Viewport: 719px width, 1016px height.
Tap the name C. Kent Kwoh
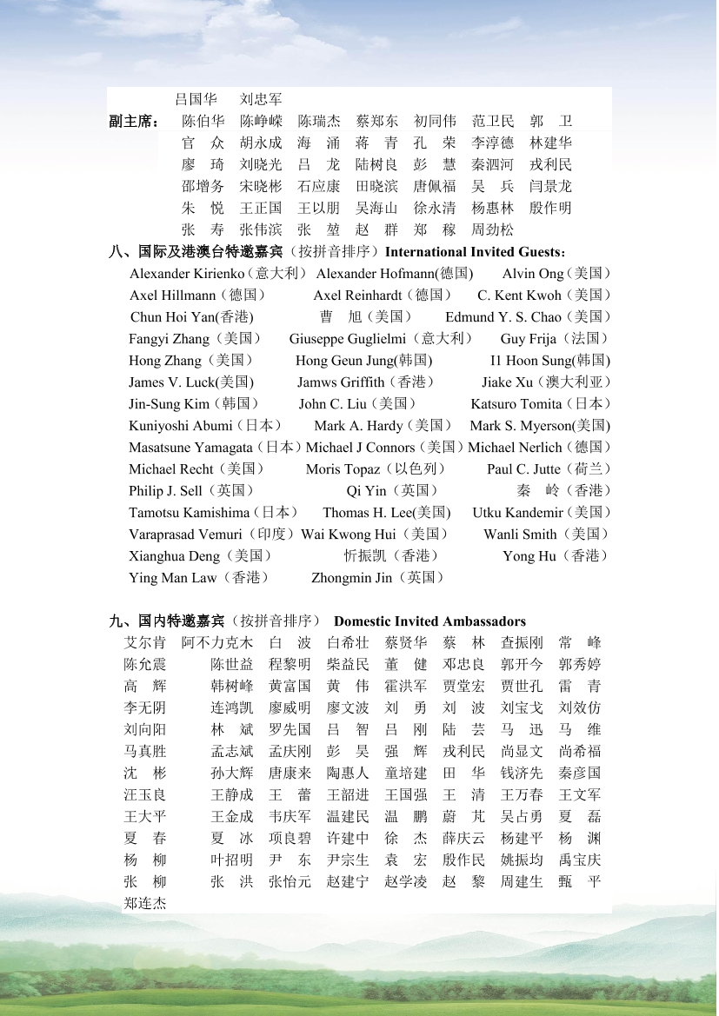(x=519, y=296)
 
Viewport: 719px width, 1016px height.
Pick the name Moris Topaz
(x=343, y=469)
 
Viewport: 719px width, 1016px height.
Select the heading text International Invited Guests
(x=474, y=252)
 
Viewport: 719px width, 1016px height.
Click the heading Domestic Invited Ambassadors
(x=429, y=621)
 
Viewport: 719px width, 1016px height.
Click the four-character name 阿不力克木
(x=217, y=643)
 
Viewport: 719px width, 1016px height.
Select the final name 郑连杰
(x=145, y=904)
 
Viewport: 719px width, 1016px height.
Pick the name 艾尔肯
(x=145, y=643)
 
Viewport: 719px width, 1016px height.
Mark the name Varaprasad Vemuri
(x=185, y=535)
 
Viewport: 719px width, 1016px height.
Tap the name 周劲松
(x=493, y=230)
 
